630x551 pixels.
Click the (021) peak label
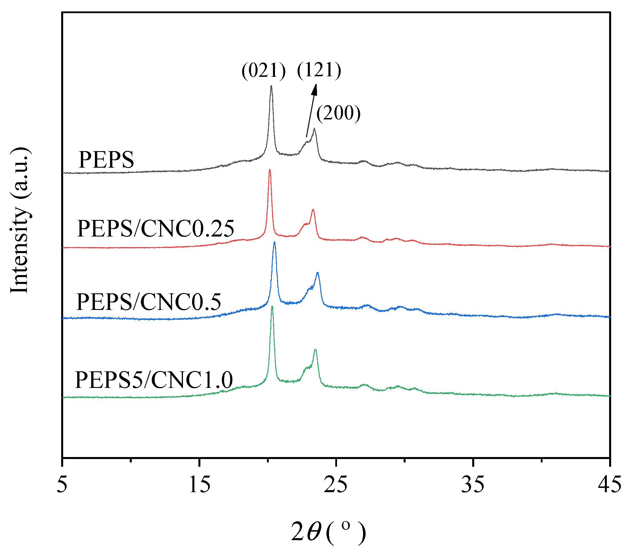[263, 71]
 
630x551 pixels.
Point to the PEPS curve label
[106, 160]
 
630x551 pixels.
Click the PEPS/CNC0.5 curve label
[149, 302]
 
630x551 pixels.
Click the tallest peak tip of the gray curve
[271, 86]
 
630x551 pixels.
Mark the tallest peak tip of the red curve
[270, 169]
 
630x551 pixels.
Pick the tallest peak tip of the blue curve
[274, 242]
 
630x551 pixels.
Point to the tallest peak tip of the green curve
[272, 306]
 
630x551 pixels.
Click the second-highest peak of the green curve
[315, 350]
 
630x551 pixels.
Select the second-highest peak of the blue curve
[318, 273]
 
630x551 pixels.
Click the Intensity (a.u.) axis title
[20, 221]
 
